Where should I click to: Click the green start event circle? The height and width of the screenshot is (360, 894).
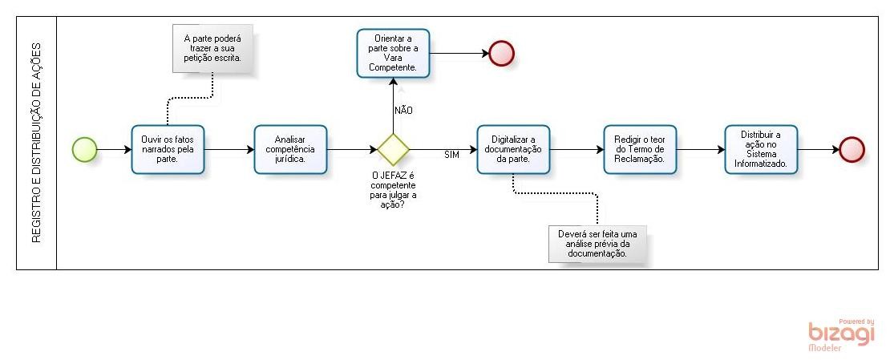coord(84,149)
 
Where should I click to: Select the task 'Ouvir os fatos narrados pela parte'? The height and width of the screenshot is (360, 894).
coord(168,149)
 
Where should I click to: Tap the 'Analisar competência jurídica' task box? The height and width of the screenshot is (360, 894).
coord(290,149)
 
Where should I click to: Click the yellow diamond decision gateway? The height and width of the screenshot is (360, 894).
coord(394,149)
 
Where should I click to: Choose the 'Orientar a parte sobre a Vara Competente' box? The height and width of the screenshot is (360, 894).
coord(393,54)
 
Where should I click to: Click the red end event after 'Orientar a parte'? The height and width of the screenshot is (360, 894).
coord(501,54)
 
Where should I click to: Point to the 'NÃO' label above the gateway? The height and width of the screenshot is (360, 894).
coord(403,110)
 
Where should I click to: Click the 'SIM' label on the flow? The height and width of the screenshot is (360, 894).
coord(451,155)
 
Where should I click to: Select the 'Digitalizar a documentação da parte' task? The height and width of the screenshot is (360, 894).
coord(513,149)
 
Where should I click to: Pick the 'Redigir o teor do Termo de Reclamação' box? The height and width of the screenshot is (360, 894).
coord(639,149)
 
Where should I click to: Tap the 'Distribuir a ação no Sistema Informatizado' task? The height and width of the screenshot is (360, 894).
coord(760,149)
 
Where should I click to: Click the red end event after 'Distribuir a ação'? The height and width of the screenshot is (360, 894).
coord(852,149)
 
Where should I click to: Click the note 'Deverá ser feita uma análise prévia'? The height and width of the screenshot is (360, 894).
coord(597,244)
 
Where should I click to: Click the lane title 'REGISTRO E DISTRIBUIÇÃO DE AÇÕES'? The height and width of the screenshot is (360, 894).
coord(37,143)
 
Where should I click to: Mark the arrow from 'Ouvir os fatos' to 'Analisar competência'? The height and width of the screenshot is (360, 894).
coord(229,149)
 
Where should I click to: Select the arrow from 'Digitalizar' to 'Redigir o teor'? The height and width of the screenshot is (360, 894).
coord(576,149)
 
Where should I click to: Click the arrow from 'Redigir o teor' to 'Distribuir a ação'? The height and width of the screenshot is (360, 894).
coord(699,149)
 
